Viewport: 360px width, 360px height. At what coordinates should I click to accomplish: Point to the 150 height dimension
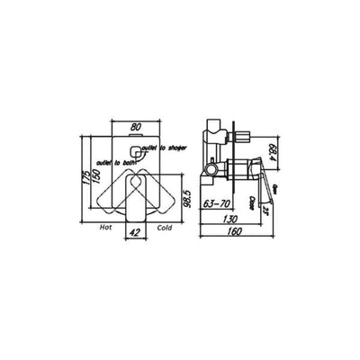95,179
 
